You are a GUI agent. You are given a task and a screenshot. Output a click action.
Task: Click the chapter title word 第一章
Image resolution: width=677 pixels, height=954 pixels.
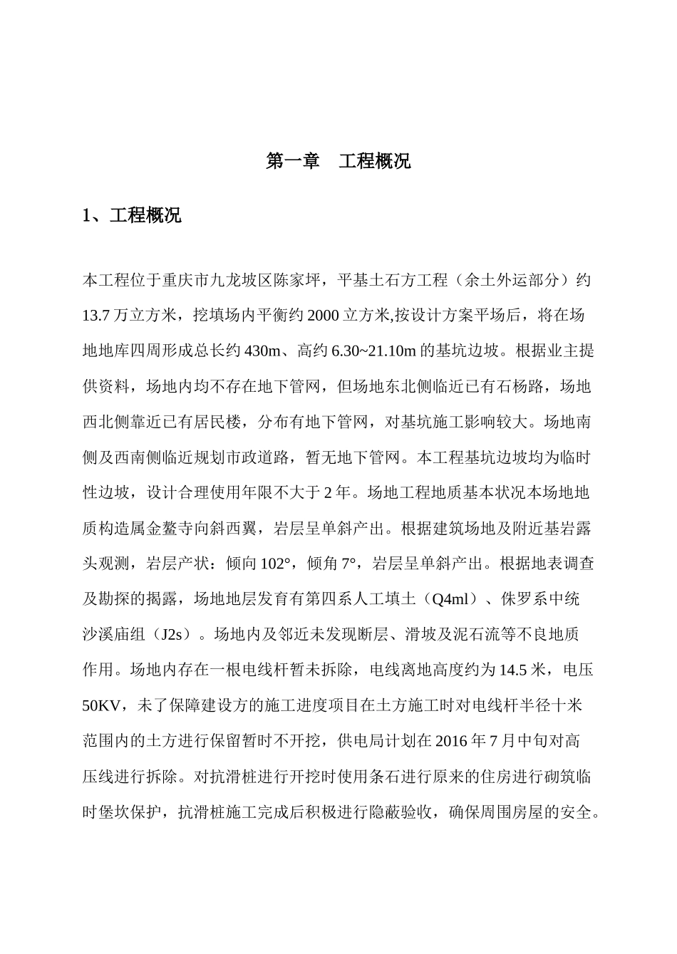tap(293, 161)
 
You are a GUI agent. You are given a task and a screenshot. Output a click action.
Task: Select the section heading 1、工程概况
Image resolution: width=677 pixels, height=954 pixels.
tap(132, 215)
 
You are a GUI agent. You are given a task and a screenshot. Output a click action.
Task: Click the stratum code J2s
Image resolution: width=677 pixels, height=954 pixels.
tap(174, 634)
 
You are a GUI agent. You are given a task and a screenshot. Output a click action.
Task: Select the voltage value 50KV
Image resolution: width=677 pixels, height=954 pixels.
tap(101, 705)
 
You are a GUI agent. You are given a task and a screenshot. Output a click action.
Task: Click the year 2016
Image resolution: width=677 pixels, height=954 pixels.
tap(449, 741)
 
